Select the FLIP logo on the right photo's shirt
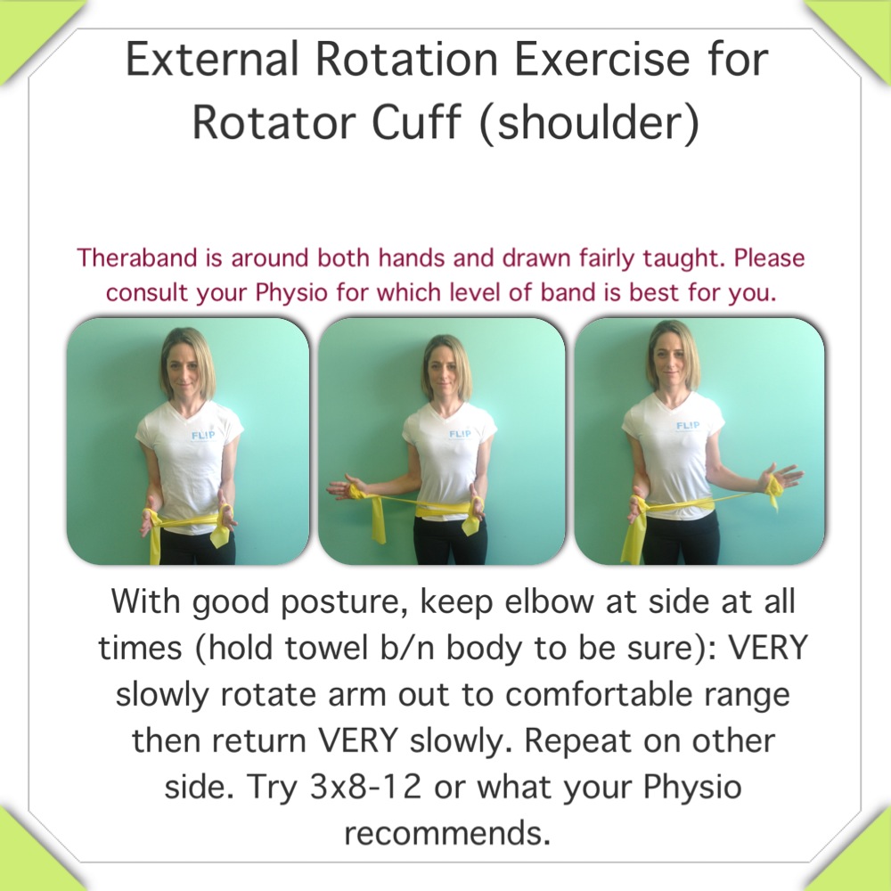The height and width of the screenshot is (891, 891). [687, 426]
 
